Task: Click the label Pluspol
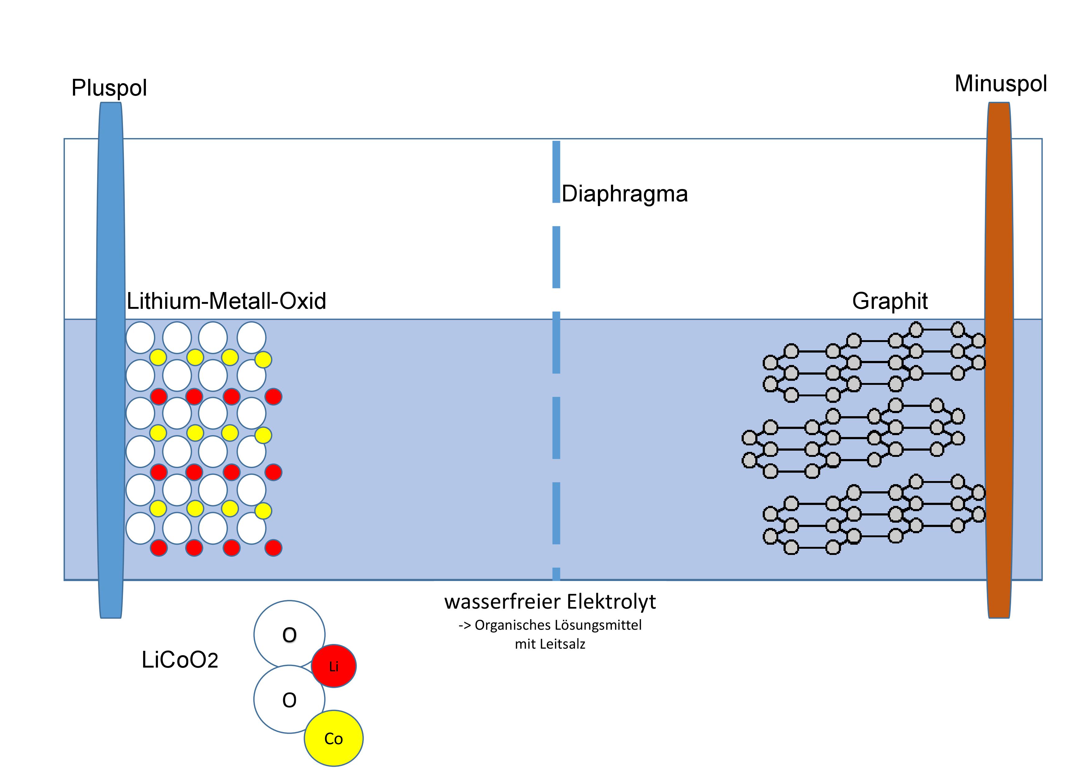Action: point(109,88)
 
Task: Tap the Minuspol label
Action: point(1001,84)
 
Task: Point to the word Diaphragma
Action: point(625,194)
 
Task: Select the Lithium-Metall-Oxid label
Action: point(227,301)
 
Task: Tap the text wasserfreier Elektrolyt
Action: point(550,602)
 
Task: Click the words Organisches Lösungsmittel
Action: point(558,625)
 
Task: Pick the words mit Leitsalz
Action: point(550,644)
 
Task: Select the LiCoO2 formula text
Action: point(180,660)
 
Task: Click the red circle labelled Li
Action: point(334,666)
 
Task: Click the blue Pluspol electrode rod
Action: point(111,360)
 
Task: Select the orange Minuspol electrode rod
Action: point(999,360)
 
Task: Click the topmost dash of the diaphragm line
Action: point(556,172)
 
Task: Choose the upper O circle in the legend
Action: point(289,634)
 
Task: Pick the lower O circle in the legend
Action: point(289,699)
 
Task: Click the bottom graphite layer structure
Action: point(874,515)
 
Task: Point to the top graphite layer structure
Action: point(874,362)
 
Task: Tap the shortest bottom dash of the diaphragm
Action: point(556,574)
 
